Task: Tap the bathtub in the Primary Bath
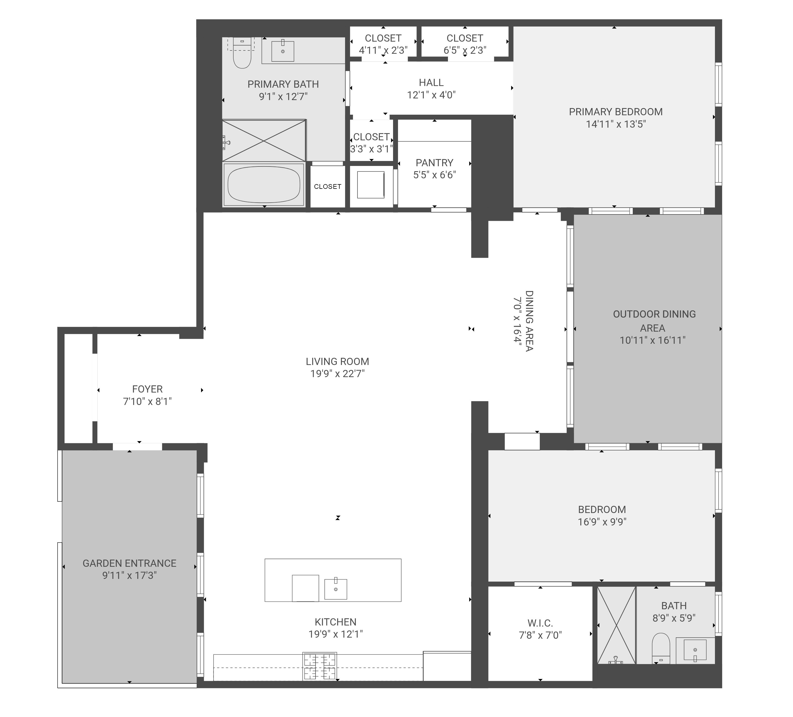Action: click(x=264, y=185)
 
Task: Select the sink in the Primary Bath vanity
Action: click(x=283, y=51)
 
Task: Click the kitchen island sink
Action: click(x=335, y=589)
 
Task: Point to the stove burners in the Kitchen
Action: click(x=319, y=666)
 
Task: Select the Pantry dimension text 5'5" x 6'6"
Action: click(x=435, y=175)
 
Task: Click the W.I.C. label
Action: click(x=540, y=623)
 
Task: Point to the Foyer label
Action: click(x=148, y=389)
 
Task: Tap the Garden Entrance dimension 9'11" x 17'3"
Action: click(x=129, y=576)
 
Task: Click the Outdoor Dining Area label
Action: click(x=654, y=321)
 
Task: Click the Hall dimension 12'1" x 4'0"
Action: click(x=431, y=95)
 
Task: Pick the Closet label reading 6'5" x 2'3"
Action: click(x=465, y=44)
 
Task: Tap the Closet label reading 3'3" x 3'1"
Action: click(x=372, y=143)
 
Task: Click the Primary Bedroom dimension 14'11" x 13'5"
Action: click(x=616, y=124)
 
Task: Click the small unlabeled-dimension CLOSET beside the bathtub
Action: click(x=328, y=187)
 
